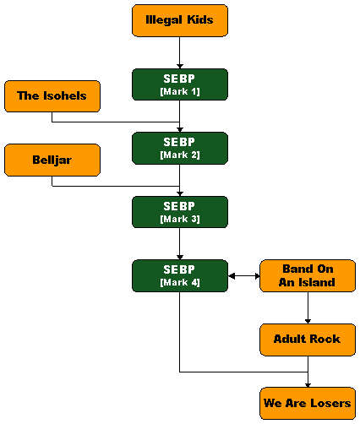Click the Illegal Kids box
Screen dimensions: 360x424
tap(180, 20)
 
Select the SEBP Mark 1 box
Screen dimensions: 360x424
tap(180, 84)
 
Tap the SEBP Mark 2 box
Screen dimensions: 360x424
tap(180, 148)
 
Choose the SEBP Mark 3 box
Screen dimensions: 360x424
tap(180, 212)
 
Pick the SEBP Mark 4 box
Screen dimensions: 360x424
tap(180, 275)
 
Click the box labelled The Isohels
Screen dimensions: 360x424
tap(52, 96)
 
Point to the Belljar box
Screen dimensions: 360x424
tap(52, 160)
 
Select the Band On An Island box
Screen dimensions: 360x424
tap(308, 275)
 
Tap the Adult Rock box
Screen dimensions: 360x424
tap(308, 340)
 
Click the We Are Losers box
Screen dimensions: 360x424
tap(308, 403)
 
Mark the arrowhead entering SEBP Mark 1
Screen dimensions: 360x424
tap(180, 67)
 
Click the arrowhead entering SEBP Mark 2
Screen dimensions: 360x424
tap(180, 130)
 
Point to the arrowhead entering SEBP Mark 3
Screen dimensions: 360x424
tap(180, 193)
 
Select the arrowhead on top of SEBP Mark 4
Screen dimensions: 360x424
tap(180, 258)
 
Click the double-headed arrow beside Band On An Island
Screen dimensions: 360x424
tap(243, 276)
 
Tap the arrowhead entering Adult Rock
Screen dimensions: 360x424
tap(308, 321)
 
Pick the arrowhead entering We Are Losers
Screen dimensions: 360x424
tap(308, 385)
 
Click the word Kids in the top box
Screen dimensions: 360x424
tap(200, 19)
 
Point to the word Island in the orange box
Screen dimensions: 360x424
tap(317, 282)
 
